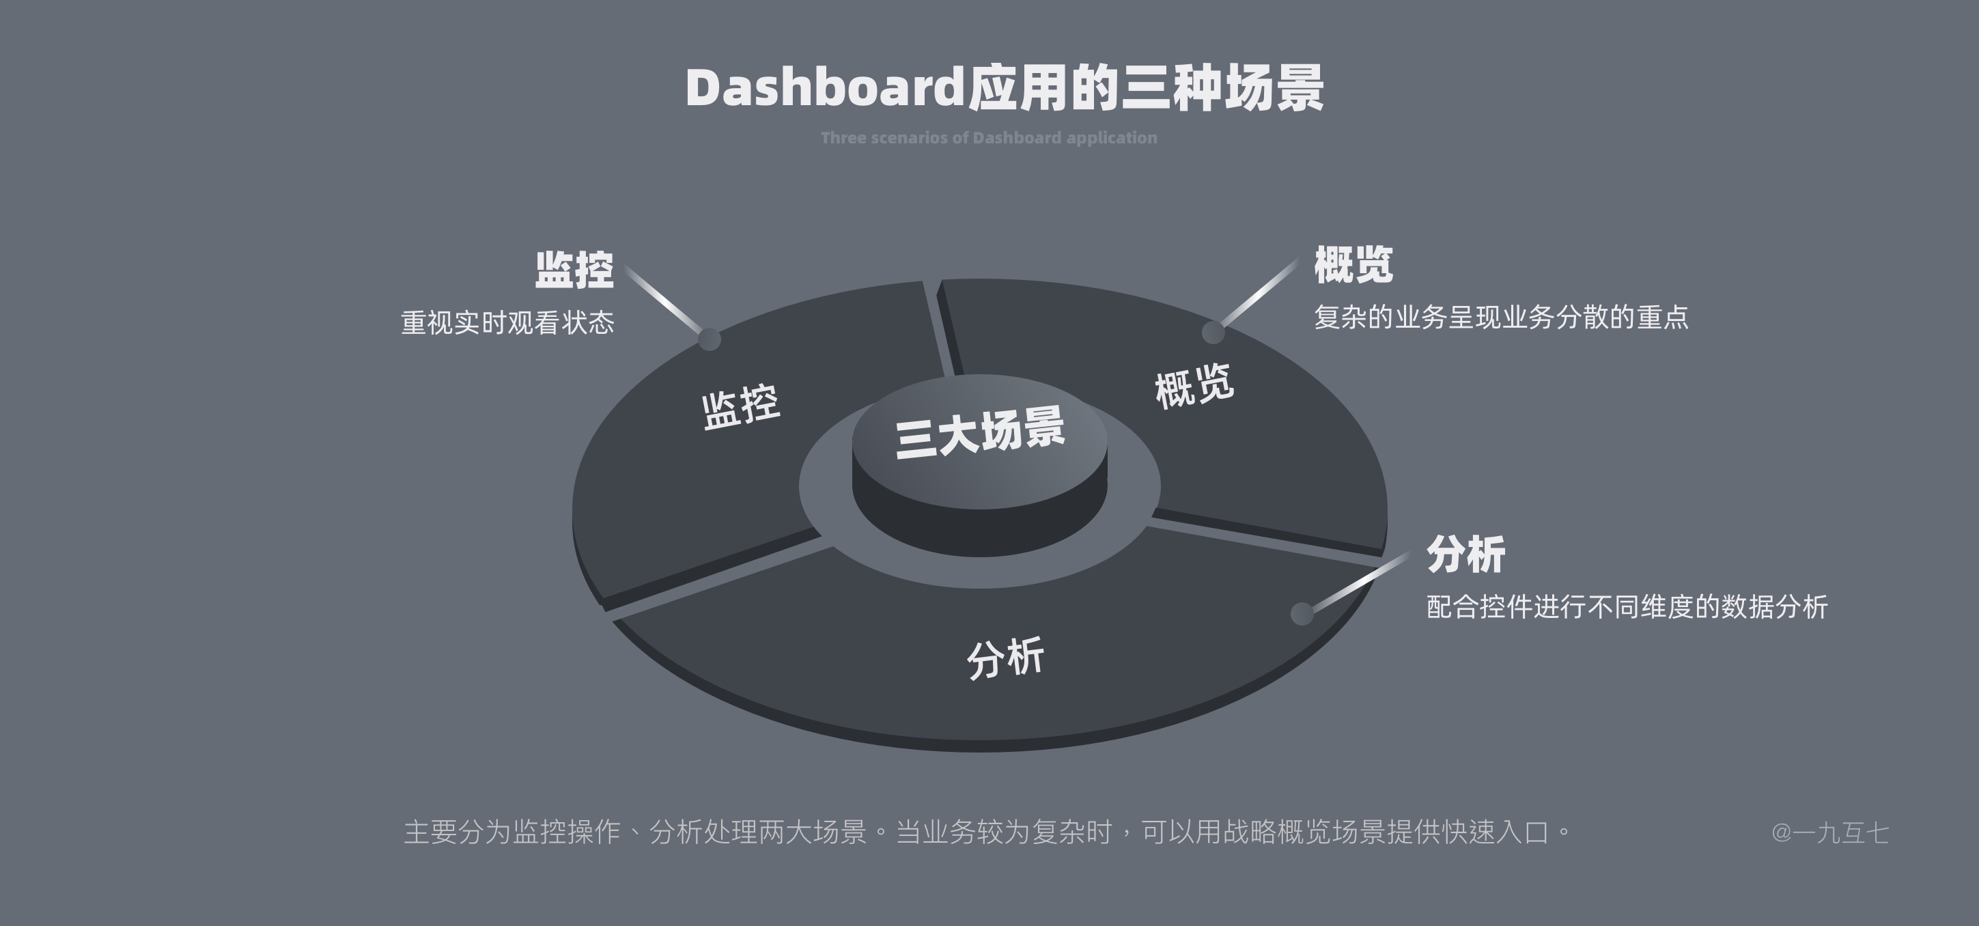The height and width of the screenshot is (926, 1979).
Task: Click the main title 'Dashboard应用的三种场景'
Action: [x=1004, y=88]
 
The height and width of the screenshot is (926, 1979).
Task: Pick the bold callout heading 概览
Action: [x=1353, y=265]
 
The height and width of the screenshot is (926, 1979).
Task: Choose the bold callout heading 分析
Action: [x=1465, y=555]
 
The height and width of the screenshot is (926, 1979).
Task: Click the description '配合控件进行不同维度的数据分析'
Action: [x=1627, y=607]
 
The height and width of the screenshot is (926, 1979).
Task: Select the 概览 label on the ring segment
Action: [x=1194, y=384]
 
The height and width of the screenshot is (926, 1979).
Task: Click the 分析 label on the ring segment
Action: [x=1005, y=658]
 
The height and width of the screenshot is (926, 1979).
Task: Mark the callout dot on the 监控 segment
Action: [x=708, y=339]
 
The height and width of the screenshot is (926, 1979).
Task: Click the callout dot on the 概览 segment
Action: [x=1212, y=332]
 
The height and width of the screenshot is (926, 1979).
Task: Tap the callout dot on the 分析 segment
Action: [x=1302, y=613]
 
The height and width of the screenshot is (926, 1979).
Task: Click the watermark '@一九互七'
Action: [x=1829, y=832]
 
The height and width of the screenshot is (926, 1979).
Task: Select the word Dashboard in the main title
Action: [x=824, y=88]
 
